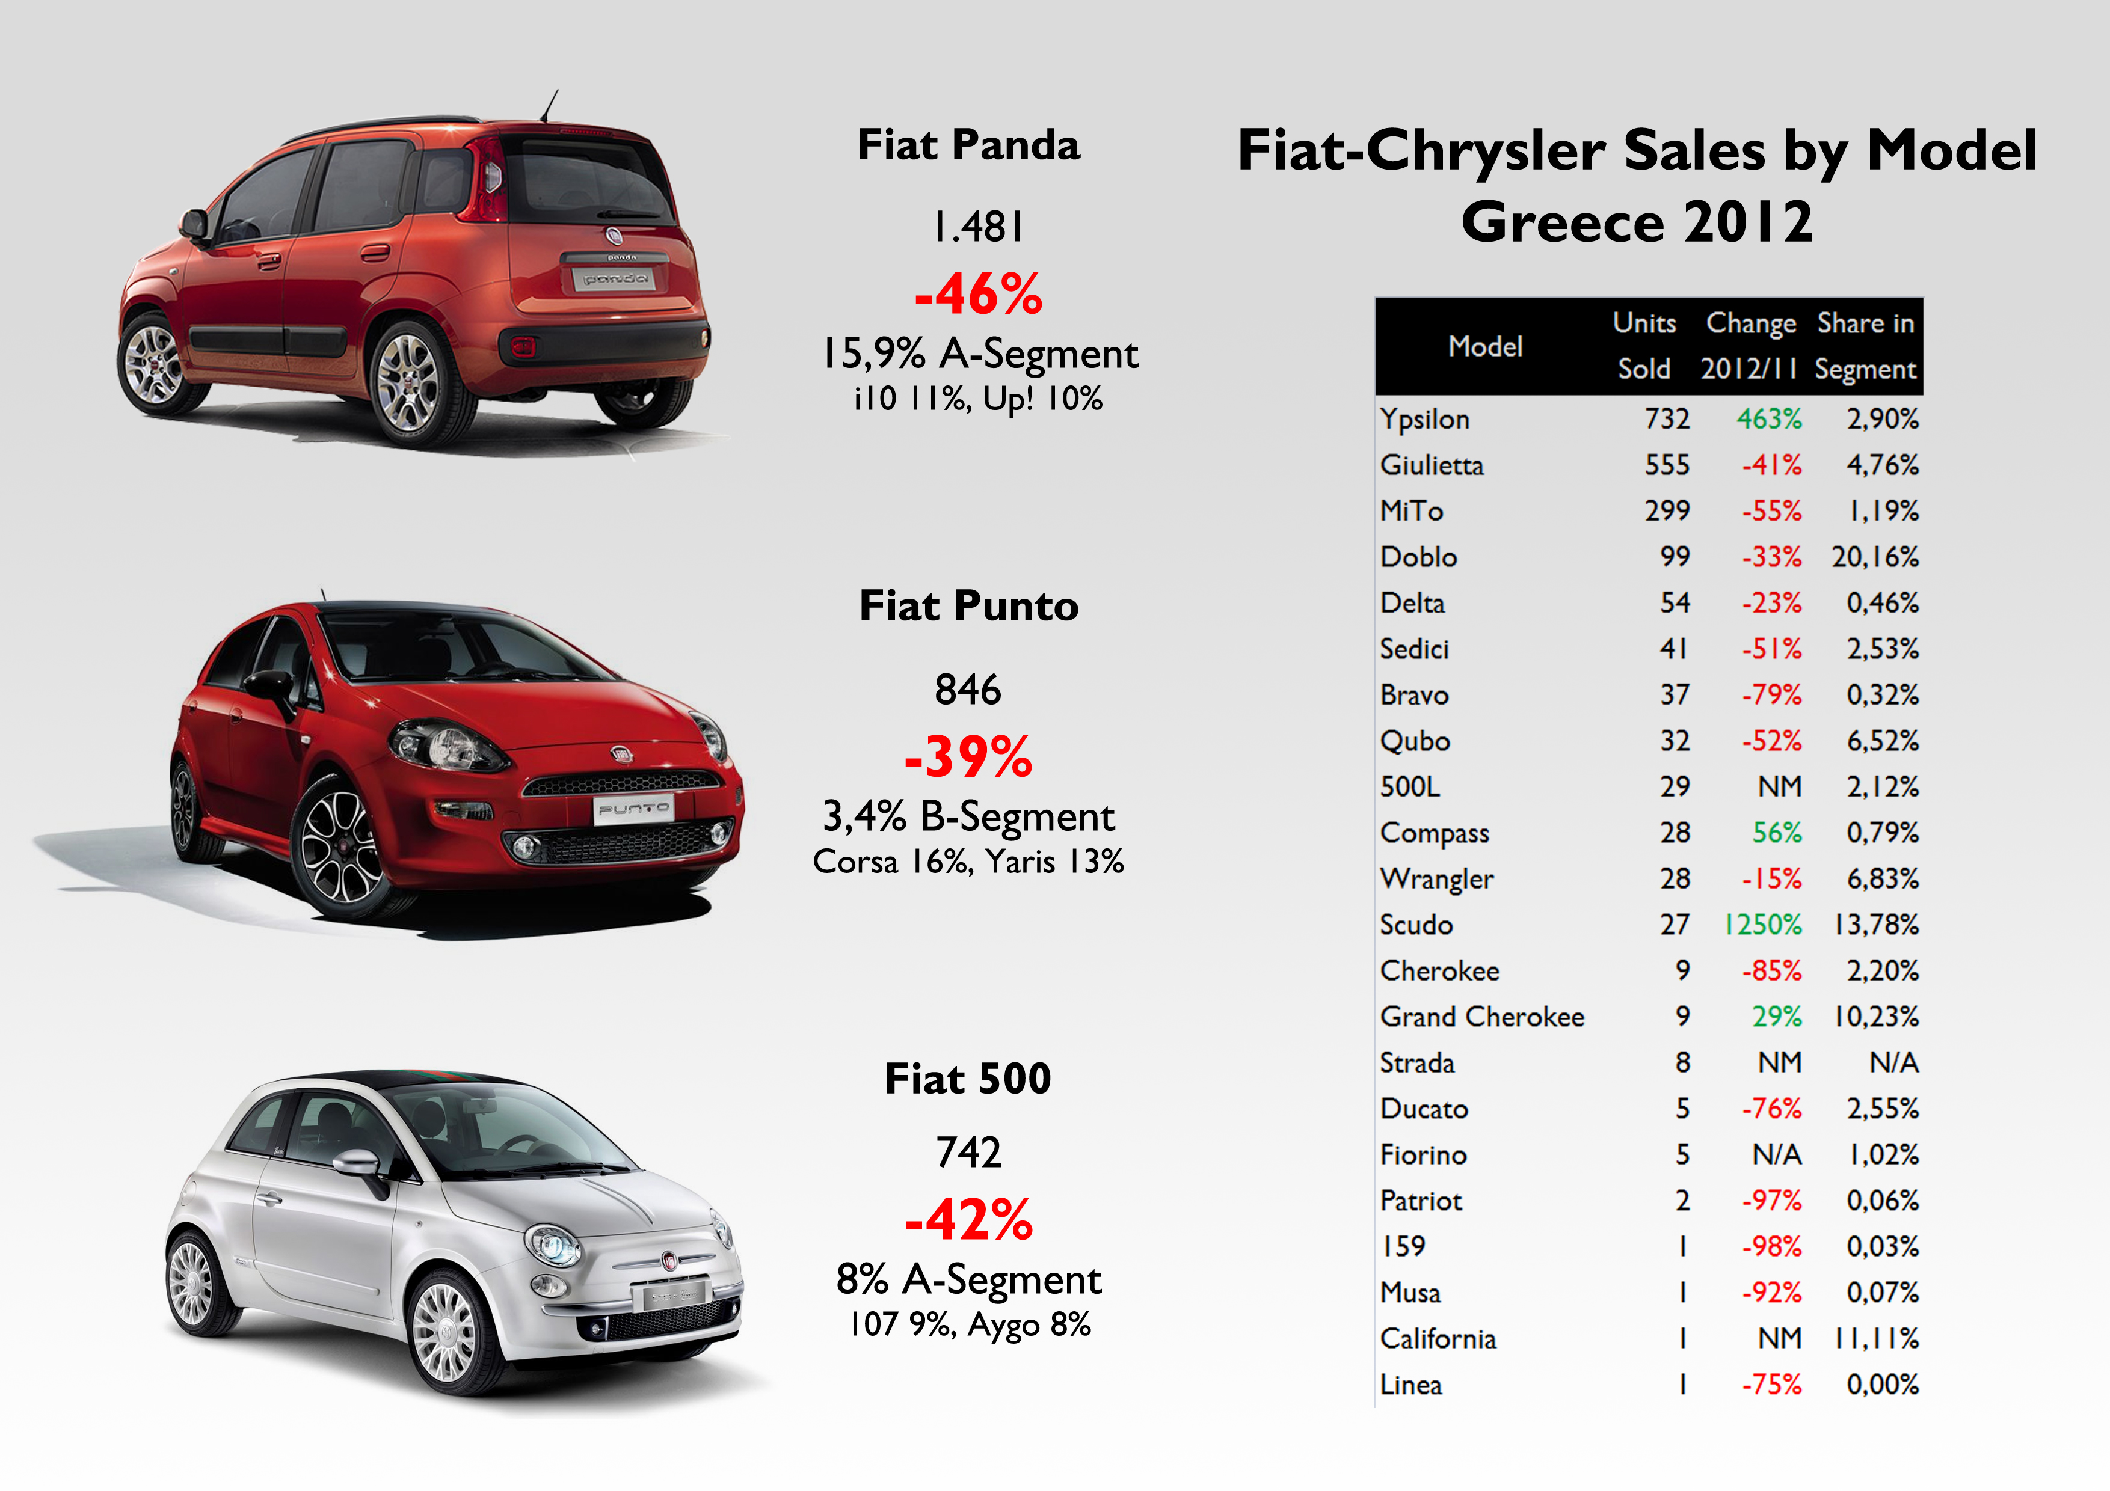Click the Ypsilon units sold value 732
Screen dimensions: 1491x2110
(x=1666, y=419)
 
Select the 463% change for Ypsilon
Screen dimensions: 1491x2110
(x=1768, y=419)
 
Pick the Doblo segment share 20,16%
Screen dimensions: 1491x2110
(x=1875, y=557)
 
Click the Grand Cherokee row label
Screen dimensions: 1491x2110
(x=1481, y=1017)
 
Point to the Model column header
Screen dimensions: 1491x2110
(x=1485, y=346)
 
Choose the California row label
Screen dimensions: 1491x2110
(x=1438, y=1338)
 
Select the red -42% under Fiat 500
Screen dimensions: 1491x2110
(x=968, y=1220)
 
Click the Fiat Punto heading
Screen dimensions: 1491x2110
(x=968, y=607)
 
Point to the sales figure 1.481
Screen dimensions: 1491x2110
(x=978, y=227)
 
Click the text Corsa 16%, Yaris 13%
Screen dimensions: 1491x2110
(x=968, y=862)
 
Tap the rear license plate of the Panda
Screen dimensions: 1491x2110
(x=615, y=277)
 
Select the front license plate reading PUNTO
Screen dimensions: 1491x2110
(x=633, y=809)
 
